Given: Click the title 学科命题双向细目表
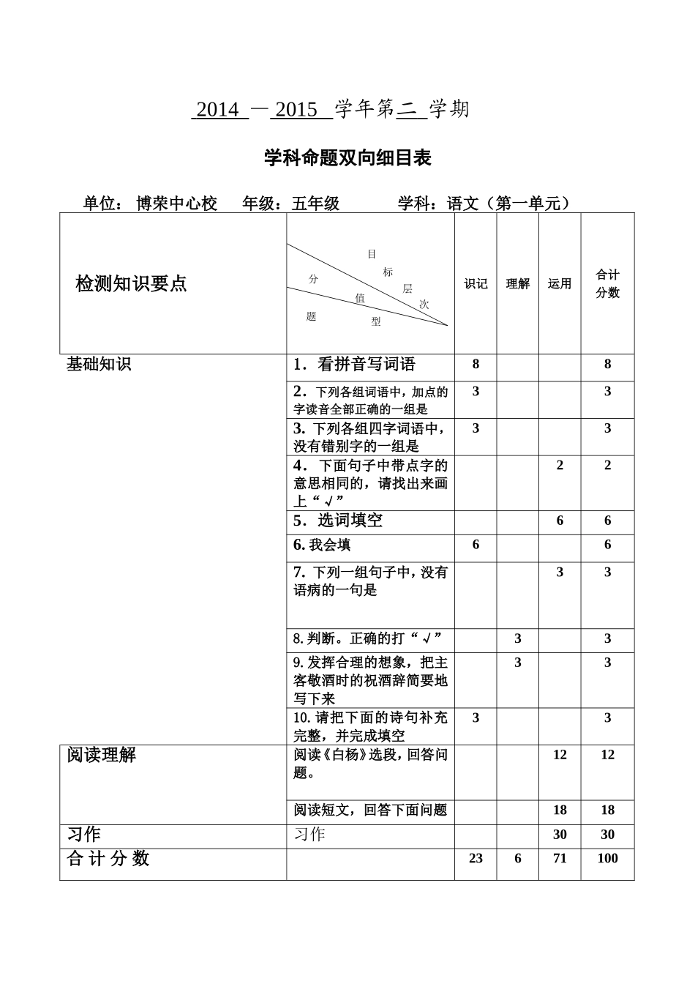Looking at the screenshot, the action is (x=347, y=158).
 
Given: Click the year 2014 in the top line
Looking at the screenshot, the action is (x=218, y=110).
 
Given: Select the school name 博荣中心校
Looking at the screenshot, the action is (x=177, y=204).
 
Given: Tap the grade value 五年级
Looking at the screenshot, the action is (x=315, y=204).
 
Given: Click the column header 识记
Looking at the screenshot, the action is (x=476, y=284).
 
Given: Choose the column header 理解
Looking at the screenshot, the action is (x=518, y=284).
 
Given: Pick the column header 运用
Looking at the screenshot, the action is (x=560, y=284).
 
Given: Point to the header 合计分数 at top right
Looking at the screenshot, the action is (x=607, y=283).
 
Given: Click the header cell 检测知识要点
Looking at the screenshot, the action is (x=132, y=283).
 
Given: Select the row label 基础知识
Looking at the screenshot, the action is (x=99, y=364).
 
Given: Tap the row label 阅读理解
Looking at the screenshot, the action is (x=102, y=755).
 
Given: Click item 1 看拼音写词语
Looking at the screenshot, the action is (x=355, y=364).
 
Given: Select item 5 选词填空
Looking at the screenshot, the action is (x=338, y=521).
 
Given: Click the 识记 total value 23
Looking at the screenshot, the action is (x=476, y=858).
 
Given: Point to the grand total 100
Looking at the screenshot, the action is (x=607, y=858).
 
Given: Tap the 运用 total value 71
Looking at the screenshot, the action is (x=560, y=858).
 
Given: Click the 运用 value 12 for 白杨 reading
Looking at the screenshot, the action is (x=560, y=755).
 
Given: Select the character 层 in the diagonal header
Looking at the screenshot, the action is (x=407, y=289).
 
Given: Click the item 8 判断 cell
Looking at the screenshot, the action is (x=368, y=638).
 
